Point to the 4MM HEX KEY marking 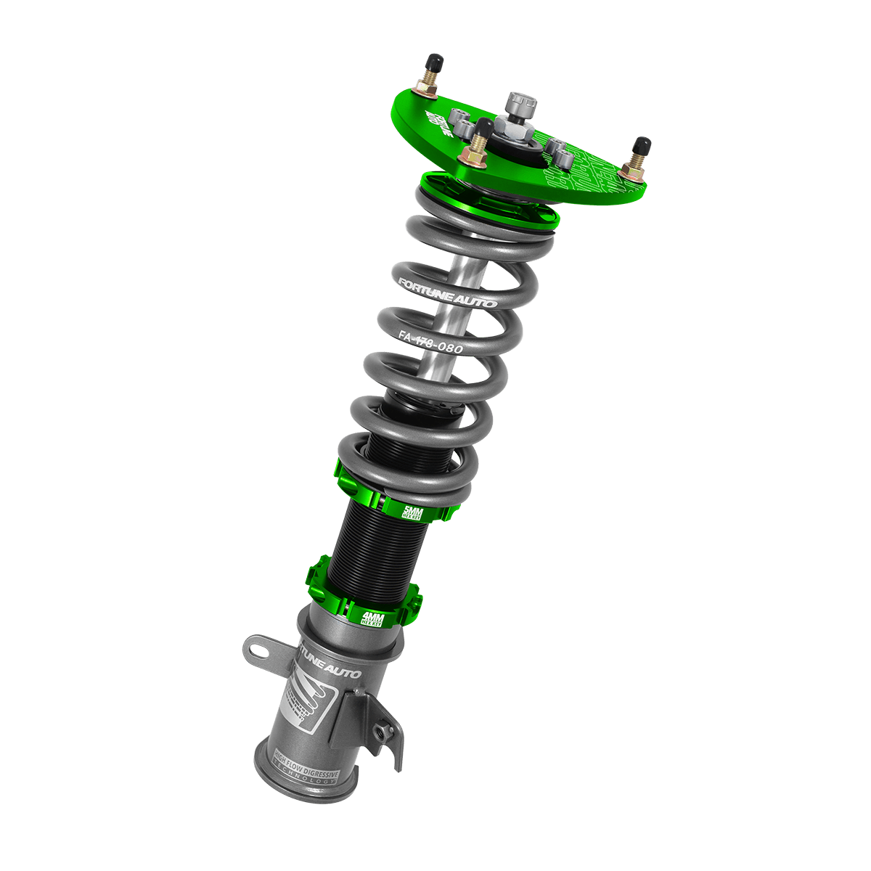pos(375,618)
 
